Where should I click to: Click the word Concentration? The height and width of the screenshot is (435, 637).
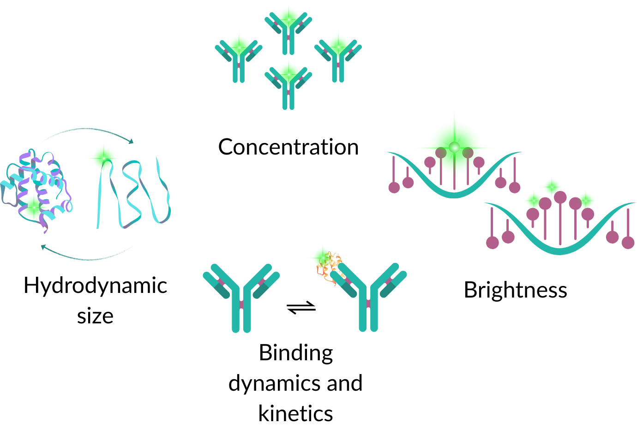pos(288,147)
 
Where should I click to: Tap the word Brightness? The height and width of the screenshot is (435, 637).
pos(515,290)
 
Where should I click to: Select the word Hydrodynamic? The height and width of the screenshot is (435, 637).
pos(95,286)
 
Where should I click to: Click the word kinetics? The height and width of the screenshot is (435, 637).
pos(295,413)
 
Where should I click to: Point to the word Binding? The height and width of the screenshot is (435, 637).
pos(296,353)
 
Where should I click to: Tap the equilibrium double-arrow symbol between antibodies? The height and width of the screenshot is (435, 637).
pos(301,308)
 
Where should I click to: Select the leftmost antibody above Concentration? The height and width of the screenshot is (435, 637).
pos(239,60)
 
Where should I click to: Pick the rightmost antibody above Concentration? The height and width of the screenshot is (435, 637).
pos(338,60)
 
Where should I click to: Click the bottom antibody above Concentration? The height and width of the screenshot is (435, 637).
pos(288,88)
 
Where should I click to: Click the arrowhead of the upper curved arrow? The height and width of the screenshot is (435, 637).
pos(131,141)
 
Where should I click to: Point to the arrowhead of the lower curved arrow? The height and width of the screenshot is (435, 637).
pos(43,247)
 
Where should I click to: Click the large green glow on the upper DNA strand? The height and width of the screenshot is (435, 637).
pos(455,147)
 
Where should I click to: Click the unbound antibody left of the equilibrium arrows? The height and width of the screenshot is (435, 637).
pos(241,298)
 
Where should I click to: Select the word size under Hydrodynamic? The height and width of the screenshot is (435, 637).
pos(95,316)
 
